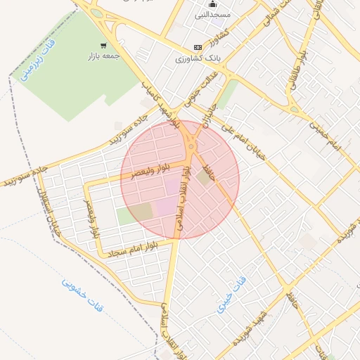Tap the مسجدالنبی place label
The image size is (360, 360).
213,14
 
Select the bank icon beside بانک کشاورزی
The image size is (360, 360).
198,47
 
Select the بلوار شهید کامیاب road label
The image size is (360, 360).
162,105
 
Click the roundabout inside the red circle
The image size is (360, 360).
191,148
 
